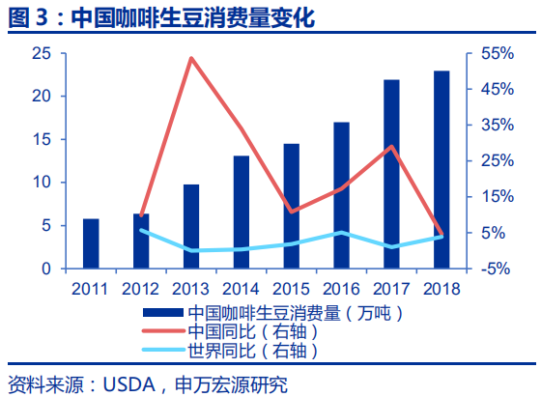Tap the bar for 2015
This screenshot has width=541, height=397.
pyautogui.click(x=291, y=206)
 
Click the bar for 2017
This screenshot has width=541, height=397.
pyautogui.click(x=391, y=174)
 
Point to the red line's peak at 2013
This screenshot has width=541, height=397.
pyautogui.click(x=191, y=58)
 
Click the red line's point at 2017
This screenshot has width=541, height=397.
pyautogui.click(x=391, y=147)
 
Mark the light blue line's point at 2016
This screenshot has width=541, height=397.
pyautogui.click(x=341, y=232)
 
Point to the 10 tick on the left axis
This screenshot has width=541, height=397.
pyautogui.click(x=43, y=183)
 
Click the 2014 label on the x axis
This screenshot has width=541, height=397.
pyautogui.click(x=241, y=287)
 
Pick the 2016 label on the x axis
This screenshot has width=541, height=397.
pyautogui.click(x=341, y=287)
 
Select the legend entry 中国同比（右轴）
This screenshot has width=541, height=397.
pyautogui.click(x=253, y=330)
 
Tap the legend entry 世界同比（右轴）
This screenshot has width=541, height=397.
pyautogui.click(x=253, y=349)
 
